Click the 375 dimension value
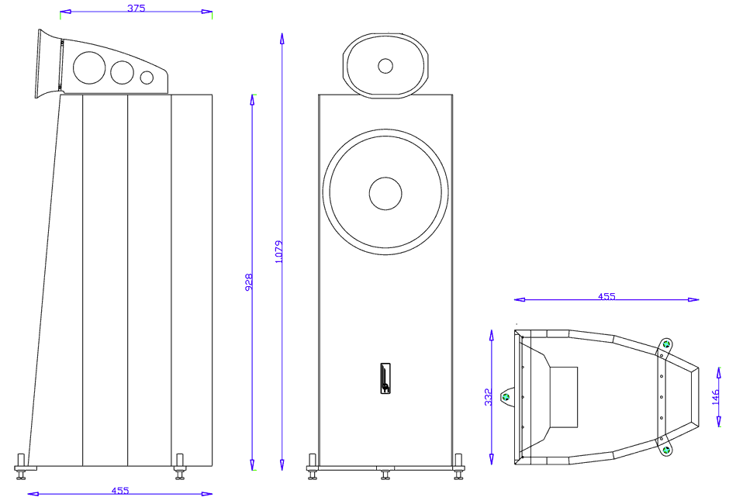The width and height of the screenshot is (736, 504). (x=135, y=8)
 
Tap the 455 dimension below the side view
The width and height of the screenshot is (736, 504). (x=119, y=490)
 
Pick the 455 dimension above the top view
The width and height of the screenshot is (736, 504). (x=606, y=296)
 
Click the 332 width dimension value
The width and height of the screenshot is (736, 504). (x=488, y=398)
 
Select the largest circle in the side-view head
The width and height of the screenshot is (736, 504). (x=88, y=67)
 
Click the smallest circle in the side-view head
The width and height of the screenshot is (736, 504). (x=147, y=77)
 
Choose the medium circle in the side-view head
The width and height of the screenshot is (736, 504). (x=122, y=72)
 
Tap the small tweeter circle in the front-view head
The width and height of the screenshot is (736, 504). (x=385, y=65)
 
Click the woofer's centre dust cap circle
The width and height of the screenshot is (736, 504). (x=385, y=193)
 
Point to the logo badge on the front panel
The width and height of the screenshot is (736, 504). (x=385, y=378)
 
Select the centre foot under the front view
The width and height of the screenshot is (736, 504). (x=385, y=473)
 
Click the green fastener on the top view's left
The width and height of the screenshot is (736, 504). (x=506, y=398)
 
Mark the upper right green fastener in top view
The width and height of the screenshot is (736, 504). (x=666, y=344)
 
